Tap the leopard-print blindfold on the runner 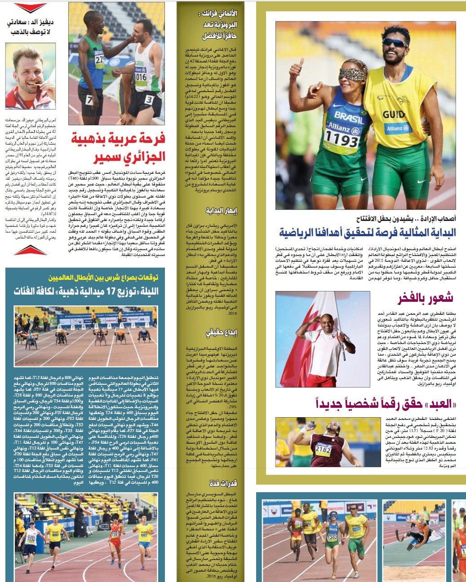click(x=354, y=74)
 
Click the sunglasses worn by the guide click(x=395, y=43)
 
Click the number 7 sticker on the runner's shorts click(x=89, y=100)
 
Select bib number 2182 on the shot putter click(x=323, y=449)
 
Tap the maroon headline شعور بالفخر click(x=425, y=298)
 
